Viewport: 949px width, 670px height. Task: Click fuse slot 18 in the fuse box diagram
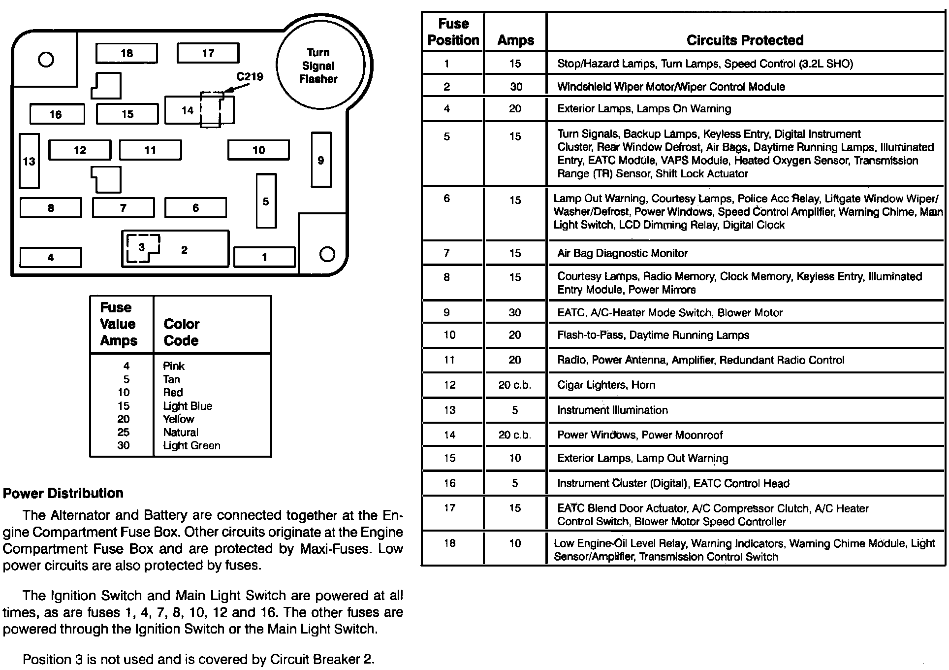127,53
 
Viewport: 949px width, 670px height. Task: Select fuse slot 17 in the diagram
208,53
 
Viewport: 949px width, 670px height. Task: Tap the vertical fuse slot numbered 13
29,161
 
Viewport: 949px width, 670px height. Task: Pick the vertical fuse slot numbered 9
321,160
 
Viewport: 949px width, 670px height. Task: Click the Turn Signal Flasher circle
319,66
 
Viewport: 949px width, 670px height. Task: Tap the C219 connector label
250,77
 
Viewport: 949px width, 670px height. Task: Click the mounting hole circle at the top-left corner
46,60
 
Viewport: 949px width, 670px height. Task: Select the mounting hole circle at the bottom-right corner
327,254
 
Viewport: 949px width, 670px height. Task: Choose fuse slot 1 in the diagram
264,257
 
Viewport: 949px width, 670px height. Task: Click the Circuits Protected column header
745,40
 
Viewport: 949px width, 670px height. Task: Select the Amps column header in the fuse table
515,40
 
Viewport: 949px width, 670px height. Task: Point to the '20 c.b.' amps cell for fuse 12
515,385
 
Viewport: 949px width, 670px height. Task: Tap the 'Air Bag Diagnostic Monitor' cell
622,253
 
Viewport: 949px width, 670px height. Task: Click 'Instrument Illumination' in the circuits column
612,410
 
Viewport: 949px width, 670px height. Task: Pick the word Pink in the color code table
174,366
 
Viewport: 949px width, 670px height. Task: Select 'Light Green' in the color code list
191,445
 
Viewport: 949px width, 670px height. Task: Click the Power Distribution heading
63,493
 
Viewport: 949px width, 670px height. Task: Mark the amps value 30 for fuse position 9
515,312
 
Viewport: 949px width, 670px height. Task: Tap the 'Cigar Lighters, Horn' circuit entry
606,385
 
